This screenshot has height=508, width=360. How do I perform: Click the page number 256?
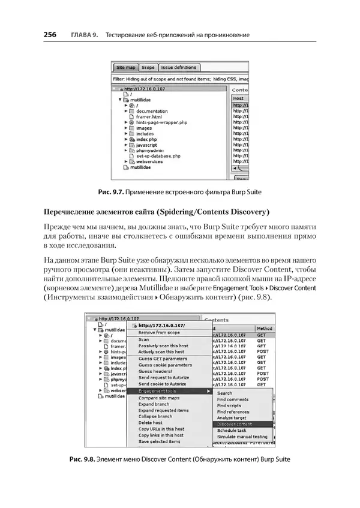[50, 35]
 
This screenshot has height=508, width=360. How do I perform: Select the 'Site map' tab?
[126, 68]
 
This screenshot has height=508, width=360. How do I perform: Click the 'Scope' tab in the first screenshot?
[148, 68]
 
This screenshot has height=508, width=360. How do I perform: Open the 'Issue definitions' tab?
[179, 68]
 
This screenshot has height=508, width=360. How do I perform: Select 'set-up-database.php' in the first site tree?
[158, 156]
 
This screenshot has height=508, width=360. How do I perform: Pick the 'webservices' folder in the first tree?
[150, 162]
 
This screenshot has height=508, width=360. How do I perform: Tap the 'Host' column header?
[238, 98]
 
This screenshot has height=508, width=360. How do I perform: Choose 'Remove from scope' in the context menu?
[159, 332]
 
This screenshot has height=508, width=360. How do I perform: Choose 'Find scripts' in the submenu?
[229, 405]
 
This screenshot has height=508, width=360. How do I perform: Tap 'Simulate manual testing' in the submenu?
[242, 437]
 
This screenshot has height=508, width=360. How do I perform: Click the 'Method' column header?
[264, 329]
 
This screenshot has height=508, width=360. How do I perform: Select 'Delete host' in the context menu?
[151, 423]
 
